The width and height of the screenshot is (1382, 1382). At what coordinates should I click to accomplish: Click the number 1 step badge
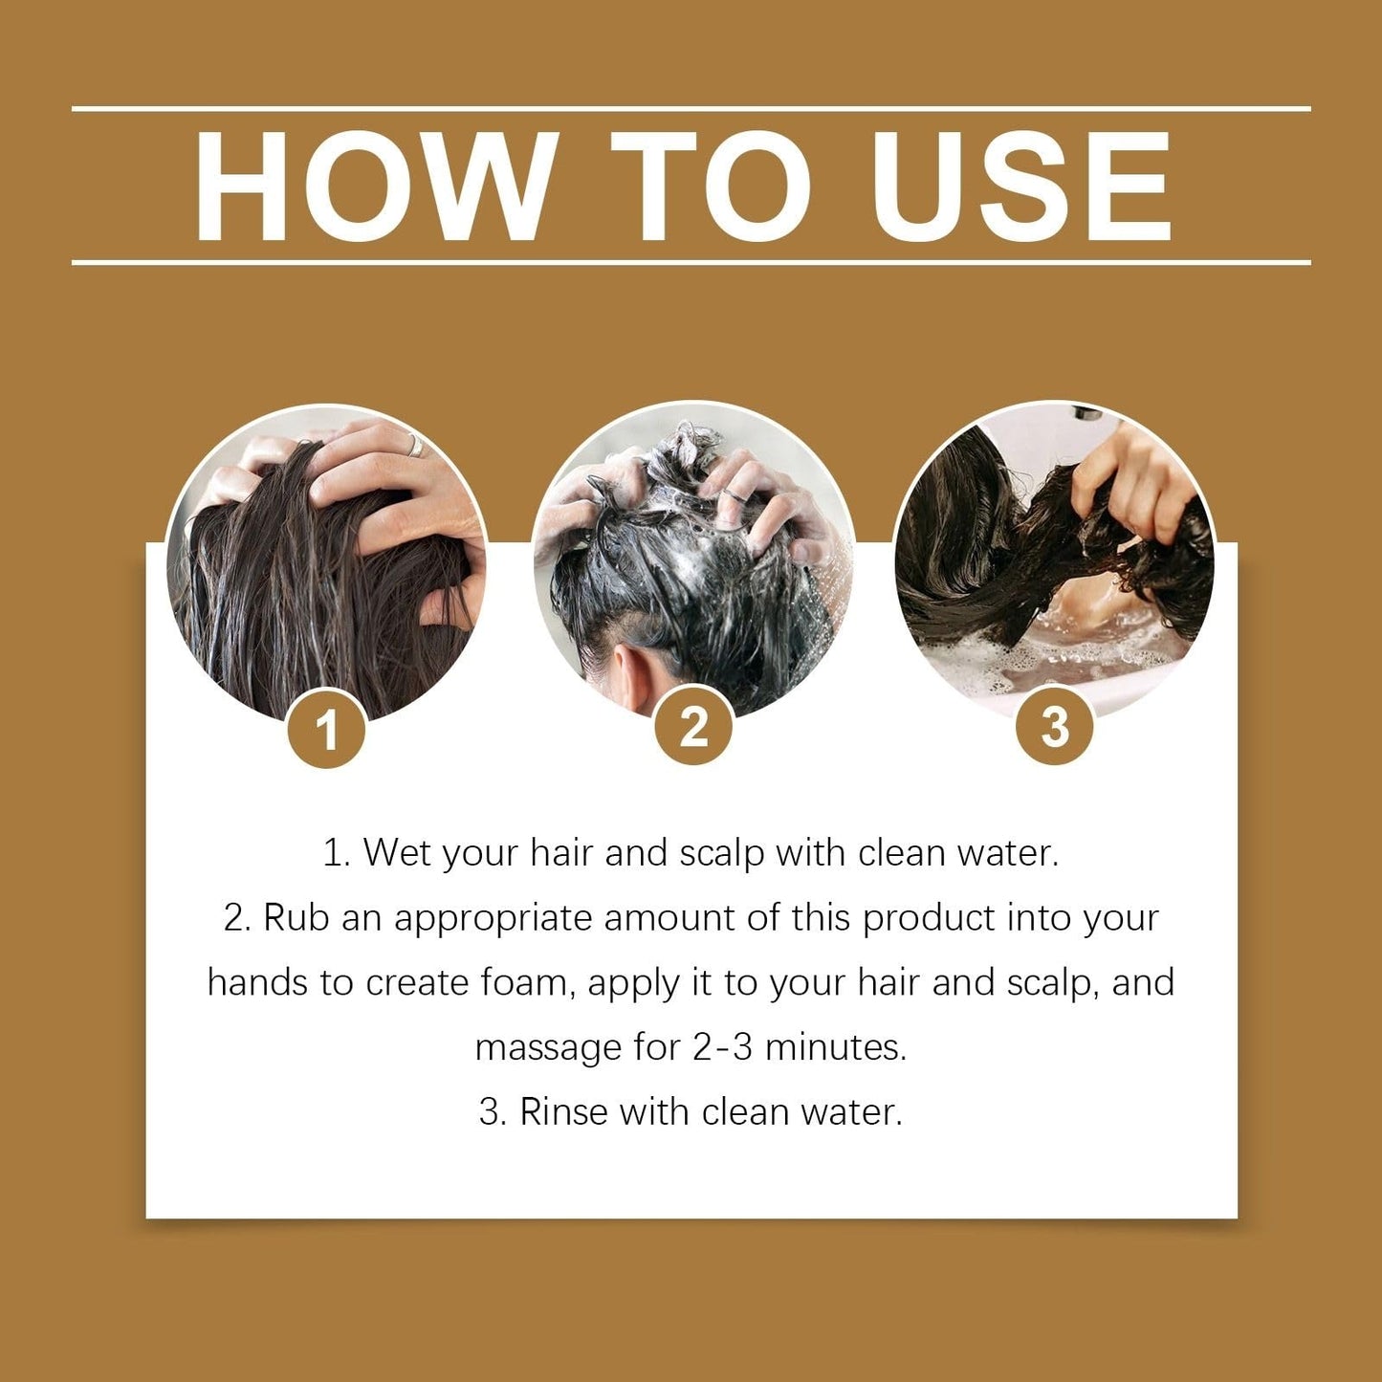pyautogui.click(x=327, y=731)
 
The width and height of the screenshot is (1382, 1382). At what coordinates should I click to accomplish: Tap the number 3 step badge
pyautogui.click(x=1055, y=726)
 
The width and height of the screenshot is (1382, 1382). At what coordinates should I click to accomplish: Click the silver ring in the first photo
pyautogui.click(x=415, y=446)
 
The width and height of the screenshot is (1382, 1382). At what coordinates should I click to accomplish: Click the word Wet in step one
pyautogui.click(x=398, y=852)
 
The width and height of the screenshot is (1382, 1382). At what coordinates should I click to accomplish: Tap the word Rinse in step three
pyautogui.click(x=563, y=1111)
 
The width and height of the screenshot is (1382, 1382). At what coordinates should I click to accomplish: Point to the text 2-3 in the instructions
pyautogui.click(x=721, y=1047)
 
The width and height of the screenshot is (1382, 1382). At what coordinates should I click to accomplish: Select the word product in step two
pyautogui.click(x=929, y=919)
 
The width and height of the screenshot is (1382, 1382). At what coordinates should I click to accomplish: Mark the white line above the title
pyautogui.click(x=691, y=109)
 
